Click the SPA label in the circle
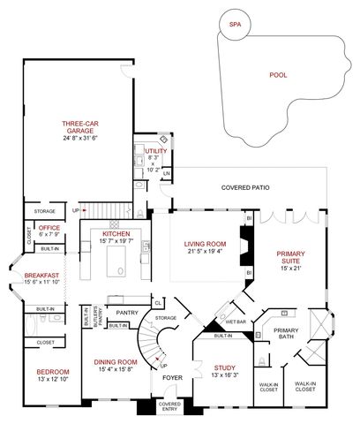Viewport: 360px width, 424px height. (234, 25)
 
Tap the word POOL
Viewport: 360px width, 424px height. (278, 75)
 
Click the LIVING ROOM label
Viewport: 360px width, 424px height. (206, 244)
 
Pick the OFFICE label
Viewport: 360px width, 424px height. (49, 228)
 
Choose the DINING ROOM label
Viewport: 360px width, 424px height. (116, 361)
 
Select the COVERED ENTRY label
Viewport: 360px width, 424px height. (169, 407)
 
